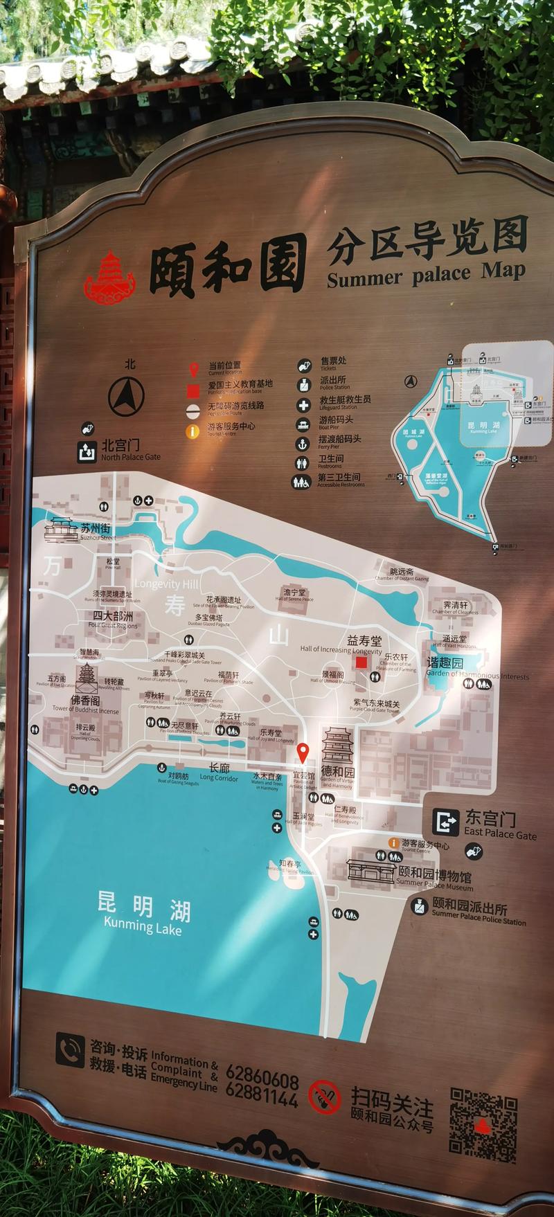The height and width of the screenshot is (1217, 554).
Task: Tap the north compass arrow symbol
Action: [x=126, y=395]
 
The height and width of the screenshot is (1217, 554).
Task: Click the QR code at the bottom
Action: [x=483, y=1124]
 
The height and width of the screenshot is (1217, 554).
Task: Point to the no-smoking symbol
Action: [x=325, y=1098]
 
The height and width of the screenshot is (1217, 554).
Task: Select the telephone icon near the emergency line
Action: [x=69, y=1051]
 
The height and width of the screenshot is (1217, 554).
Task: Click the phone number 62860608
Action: [x=262, y=1081]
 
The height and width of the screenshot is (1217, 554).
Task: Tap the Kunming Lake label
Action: [x=143, y=914]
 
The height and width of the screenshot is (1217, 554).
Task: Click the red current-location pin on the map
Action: [x=303, y=752]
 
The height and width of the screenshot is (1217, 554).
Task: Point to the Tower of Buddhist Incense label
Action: [x=86, y=705]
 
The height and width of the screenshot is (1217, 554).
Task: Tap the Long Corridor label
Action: [x=219, y=771]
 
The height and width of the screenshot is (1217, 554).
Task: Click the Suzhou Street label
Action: [x=96, y=532]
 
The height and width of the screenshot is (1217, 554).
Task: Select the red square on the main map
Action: [x=361, y=662]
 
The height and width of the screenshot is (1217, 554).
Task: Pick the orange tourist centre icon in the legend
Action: [x=193, y=431]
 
